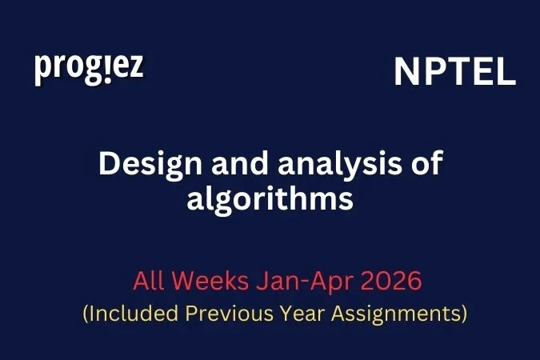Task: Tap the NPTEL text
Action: [454, 73]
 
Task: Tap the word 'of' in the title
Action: [426, 165]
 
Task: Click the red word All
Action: [148, 282]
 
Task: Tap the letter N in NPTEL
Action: [406, 73]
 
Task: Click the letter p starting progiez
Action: [42, 70]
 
